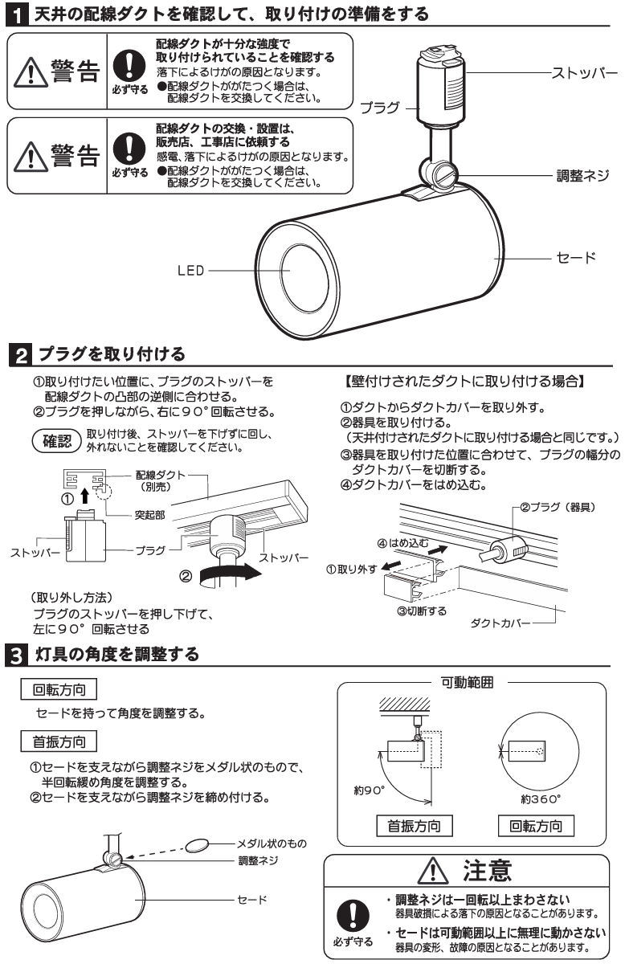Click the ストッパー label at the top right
[x=584, y=73]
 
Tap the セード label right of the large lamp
[x=576, y=258]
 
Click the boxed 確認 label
[x=56, y=441]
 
